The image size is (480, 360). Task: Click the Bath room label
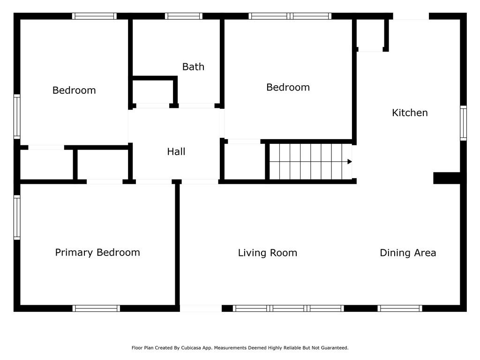193,67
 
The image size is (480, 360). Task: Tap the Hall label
176,151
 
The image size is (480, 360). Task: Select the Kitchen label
410,112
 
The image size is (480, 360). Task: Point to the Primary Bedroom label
97,252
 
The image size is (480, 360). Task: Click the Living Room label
268,253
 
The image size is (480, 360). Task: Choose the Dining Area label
408,253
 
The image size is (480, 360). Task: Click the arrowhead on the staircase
350,162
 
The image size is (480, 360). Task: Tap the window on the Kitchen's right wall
464,123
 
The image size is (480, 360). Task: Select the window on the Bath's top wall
184,16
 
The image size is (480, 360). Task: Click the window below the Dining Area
400,308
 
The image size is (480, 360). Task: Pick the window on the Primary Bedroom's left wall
17,217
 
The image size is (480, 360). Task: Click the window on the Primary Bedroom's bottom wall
96,308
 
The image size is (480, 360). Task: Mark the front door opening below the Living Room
201,308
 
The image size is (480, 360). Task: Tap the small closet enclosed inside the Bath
153,92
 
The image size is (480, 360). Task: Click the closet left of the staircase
245,162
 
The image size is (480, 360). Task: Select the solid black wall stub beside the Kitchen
447,178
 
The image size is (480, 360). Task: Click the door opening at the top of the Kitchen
411,16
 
